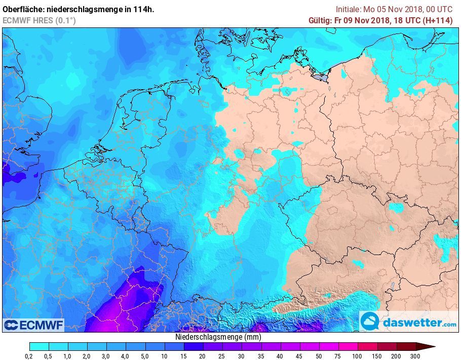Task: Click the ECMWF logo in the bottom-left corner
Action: point(33,325)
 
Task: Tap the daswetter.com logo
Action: point(408,321)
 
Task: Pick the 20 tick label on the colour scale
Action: point(203,356)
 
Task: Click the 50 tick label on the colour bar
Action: point(318,356)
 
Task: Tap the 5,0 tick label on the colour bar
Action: point(145,356)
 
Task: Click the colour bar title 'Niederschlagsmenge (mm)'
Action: point(218,337)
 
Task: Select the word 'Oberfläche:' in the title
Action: point(26,9)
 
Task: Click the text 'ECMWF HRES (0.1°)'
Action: point(39,20)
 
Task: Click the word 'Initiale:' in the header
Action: point(349,9)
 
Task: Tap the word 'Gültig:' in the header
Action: point(321,20)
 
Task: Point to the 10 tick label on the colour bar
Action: point(164,356)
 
